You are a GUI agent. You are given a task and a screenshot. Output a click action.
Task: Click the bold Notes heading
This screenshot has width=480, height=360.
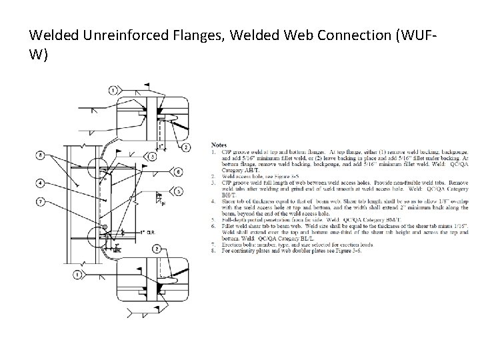tap(219, 144)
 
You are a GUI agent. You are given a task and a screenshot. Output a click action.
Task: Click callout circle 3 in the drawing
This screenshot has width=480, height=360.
tap(153, 156)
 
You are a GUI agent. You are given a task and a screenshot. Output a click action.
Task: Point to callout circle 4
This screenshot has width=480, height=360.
tap(41, 182)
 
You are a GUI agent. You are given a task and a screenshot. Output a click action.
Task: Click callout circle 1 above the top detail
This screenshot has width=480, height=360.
tap(113, 89)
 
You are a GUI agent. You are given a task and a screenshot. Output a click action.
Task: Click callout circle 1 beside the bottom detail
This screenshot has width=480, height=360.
tap(79, 273)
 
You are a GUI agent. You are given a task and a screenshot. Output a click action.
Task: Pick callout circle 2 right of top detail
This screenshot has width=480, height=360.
tap(186, 147)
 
